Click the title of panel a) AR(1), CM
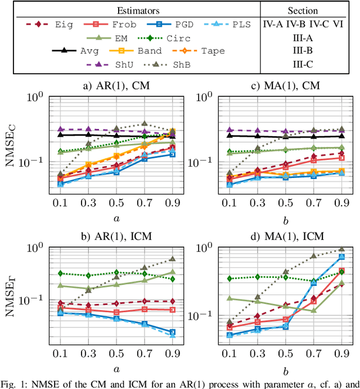(116, 86)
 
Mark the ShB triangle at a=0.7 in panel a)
(145, 124)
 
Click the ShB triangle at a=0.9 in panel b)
(172, 259)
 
